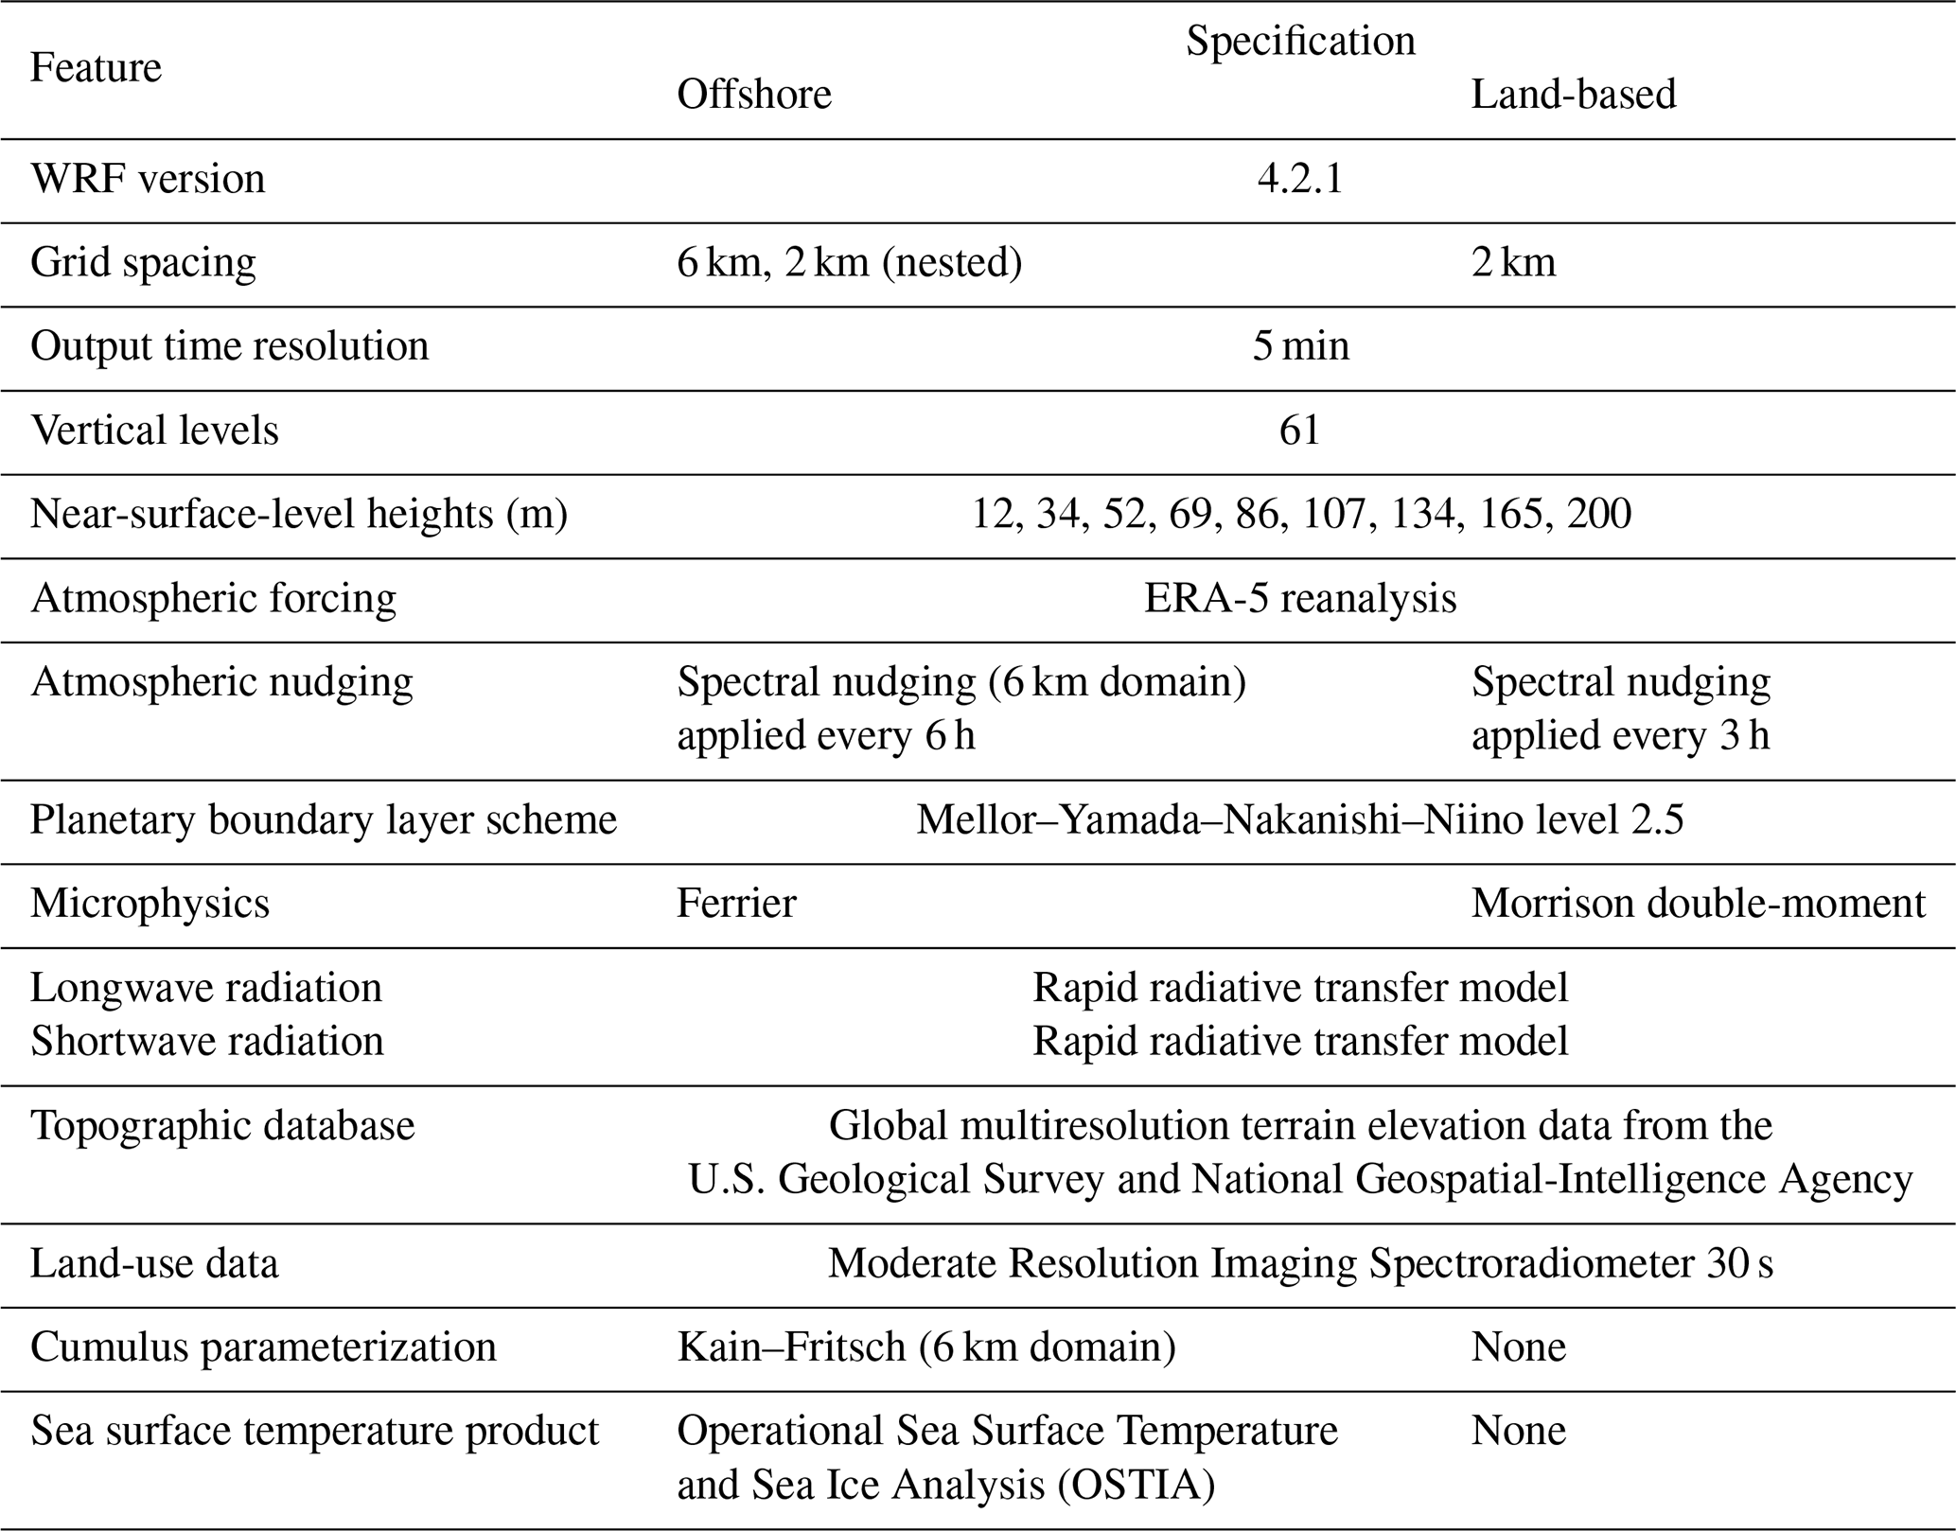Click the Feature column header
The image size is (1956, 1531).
pos(96,67)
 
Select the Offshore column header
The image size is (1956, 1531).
pos(753,94)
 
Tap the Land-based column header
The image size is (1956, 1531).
pos(1573,94)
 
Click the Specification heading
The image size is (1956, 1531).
pos(1300,41)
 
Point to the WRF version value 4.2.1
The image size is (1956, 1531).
pos(1300,179)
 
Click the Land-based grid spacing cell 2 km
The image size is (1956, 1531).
pos(1513,262)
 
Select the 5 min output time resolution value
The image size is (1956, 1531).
pos(1300,346)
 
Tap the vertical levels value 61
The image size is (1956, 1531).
pos(1300,431)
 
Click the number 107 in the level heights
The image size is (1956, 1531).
pos(1334,514)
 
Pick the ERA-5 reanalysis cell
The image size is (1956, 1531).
pos(1300,598)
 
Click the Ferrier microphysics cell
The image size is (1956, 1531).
pos(736,904)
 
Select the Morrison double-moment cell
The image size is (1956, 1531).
pos(1698,904)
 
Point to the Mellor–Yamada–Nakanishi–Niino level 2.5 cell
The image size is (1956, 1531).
pos(1300,819)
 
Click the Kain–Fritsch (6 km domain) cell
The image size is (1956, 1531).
pos(925,1346)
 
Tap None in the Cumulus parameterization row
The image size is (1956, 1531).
pos(1518,1346)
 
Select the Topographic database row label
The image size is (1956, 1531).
pos(222,1126)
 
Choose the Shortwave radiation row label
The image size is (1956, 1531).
pos(206,1041)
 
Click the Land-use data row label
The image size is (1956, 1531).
pos(154,1264)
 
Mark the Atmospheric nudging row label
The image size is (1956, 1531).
pos(221,682)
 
